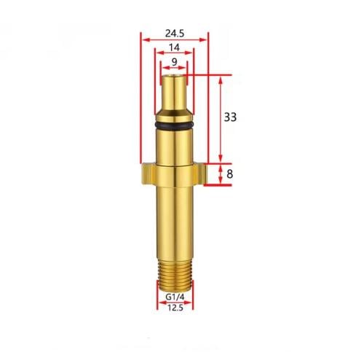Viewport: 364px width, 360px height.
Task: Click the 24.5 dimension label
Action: click(x=175, y=34)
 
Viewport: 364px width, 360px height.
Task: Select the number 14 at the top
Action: click(x=174, y=47)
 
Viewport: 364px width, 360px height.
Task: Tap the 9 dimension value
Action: click(x=175, y=62)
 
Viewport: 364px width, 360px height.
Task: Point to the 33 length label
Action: click(x=230, y=117)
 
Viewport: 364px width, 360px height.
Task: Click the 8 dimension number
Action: click(x=229, y=174)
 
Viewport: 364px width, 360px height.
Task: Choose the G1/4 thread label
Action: click(x=175, y=297)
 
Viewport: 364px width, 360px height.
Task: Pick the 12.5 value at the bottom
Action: click(x=175, y=308)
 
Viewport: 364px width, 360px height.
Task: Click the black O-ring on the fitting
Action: click(x=174, y=125)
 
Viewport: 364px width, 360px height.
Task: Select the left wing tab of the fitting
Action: click(x=148, y=174)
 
